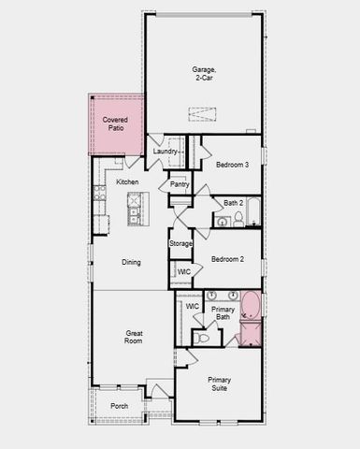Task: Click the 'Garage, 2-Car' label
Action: [204, 73]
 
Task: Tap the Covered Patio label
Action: [115, 123]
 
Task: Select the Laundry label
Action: [166, 152]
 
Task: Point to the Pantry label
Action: [180, 184]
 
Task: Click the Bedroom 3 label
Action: [231, 165]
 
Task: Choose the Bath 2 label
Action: [233, 202]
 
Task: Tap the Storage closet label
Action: [180, 243]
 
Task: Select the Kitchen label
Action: [128, 181]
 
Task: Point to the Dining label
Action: [131, 262]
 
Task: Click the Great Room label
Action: [134, 337]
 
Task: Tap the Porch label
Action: [120, 406]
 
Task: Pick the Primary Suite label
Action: [219, 384]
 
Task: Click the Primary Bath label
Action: [223, 312]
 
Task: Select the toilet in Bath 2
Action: [239, 219]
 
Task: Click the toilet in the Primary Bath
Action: [202, 337]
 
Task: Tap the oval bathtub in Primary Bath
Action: [251, 306]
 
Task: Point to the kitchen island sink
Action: [135, 204]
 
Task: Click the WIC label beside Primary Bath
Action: [192, 306]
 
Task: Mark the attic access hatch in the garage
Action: [202, 114]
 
